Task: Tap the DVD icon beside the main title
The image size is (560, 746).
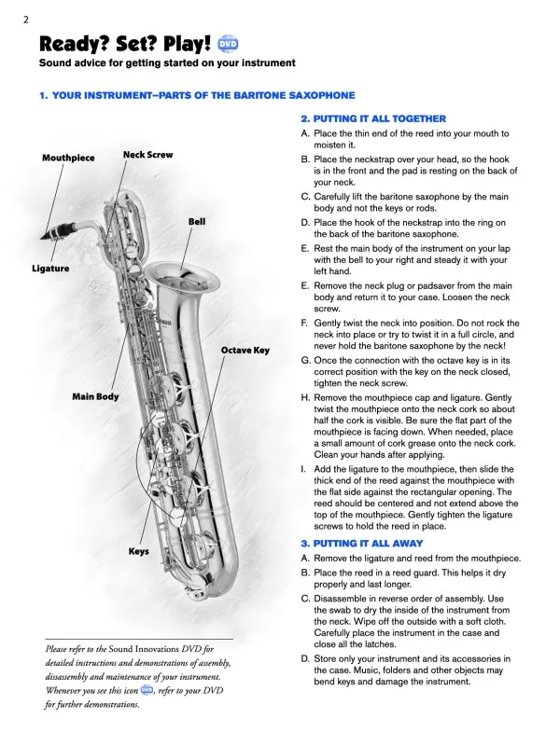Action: tap(229, 44)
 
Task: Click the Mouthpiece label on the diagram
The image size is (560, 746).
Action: tap(68, 159)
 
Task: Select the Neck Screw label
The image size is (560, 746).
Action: tap(147, 154)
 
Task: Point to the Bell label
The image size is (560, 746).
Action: tap(197, 222)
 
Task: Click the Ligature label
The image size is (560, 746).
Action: tap(50, 269)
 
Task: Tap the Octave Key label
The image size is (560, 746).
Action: tap(245, 350)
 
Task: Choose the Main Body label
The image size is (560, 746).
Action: tap(96, 397)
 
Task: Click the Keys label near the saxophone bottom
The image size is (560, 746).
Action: tap(138, 551)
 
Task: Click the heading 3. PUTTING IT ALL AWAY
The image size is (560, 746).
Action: tap(361, 543)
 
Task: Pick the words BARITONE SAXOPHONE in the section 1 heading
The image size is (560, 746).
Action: tap(290, 96)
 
